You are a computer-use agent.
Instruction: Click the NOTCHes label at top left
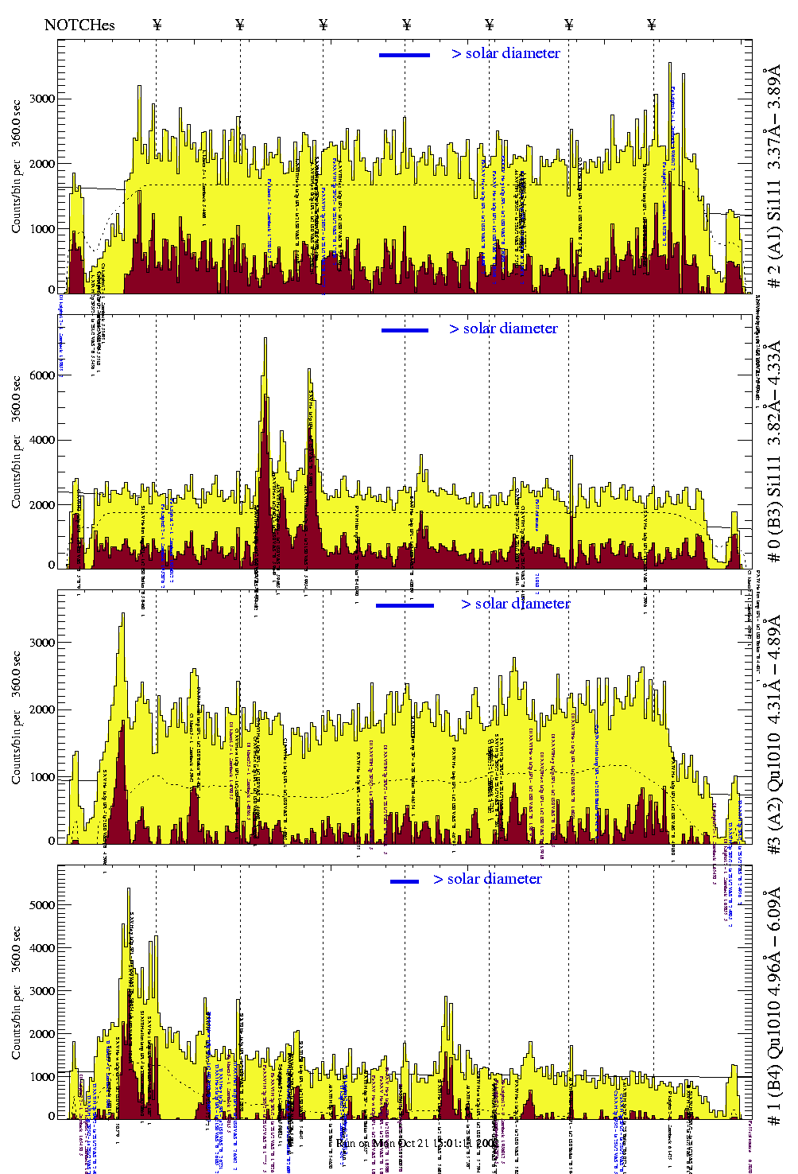pos(79,25)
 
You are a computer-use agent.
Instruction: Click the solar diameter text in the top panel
pos(506,53)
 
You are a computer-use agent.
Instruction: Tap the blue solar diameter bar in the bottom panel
pos(405,881)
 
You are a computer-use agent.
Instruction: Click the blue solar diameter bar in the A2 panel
pos(405,606)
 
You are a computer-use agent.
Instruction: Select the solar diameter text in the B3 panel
pos(504,328)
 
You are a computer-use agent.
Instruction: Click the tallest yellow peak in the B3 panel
pos(265,340)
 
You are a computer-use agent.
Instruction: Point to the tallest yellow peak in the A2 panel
pos(123,614)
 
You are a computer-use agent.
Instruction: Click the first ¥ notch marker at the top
pos(157,25)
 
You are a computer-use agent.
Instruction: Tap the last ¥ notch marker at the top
pos(652,25)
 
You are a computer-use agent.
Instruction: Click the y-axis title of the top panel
pos(17,167)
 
